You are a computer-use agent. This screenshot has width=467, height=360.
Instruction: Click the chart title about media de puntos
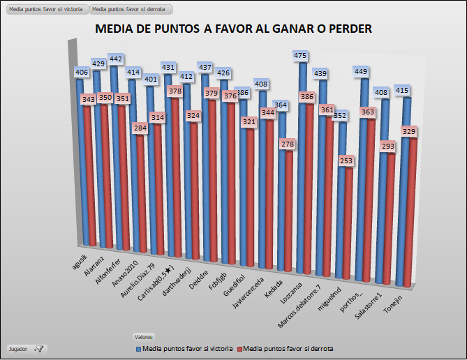pos(233,29)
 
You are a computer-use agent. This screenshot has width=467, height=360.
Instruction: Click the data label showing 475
pos(301,56)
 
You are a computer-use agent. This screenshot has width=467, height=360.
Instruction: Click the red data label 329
pos(410,130)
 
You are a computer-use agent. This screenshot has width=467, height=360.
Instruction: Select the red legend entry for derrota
pos(285,347)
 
